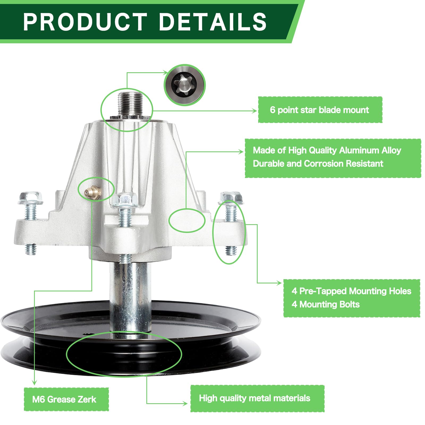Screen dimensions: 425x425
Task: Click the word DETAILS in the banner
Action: coord(212,22)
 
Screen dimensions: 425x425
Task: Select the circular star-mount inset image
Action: coord(185,85)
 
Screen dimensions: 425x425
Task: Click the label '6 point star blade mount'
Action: coord(320,110)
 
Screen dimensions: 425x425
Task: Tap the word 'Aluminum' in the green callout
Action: coord(359,150)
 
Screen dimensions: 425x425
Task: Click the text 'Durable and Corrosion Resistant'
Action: coord(318,164)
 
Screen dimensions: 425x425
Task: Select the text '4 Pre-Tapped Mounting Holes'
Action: coord(351,291)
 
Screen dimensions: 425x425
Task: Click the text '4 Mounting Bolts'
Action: coord(325,304)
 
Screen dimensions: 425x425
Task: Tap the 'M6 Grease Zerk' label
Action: coord(64,399)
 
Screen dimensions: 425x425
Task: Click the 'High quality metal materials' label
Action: coord(254,398)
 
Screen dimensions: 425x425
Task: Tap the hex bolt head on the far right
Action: coord(231,198)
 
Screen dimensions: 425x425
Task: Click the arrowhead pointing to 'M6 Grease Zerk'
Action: coord(34,382)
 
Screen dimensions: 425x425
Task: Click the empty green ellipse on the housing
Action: coord(187,220)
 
